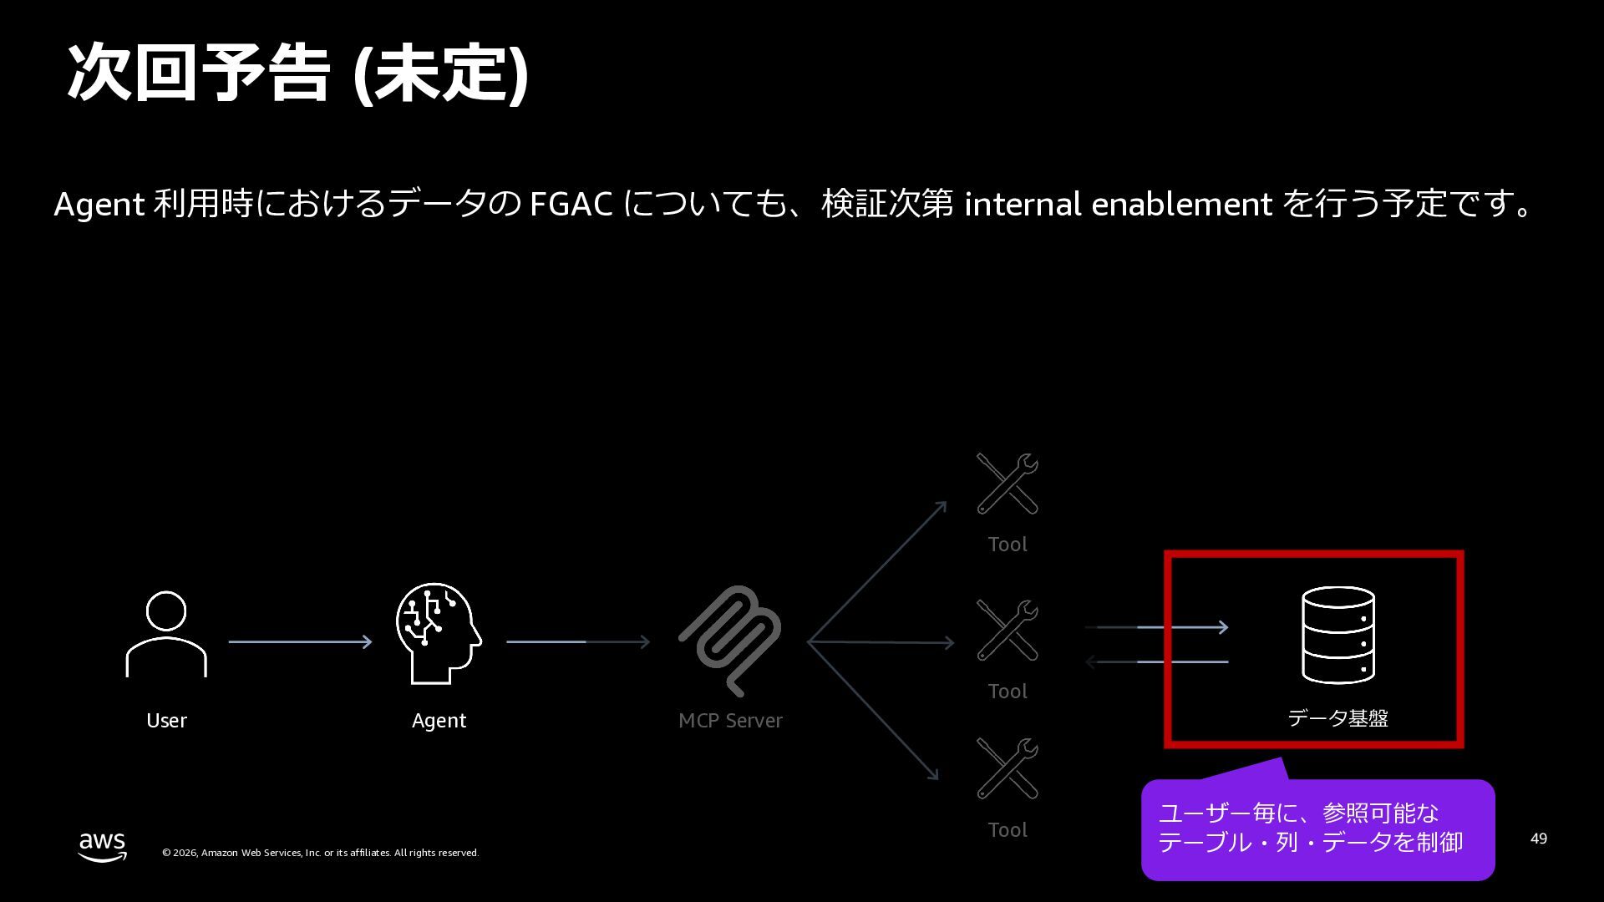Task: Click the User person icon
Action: tap(166, 634)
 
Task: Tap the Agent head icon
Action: tap(438, 633)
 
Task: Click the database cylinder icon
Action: tap(1338, 635)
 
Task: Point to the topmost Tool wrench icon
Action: tap(1008, 484)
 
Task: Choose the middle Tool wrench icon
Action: tap(1008, 631)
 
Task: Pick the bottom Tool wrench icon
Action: tap(1008, 769)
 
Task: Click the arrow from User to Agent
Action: tap(300, 641)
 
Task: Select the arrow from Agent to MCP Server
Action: tap(577, 641)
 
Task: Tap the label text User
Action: tap(166, 721)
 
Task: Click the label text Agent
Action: tap(439, 721)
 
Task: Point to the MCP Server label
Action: tap(730, 721)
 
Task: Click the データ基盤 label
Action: tap(1338, 718)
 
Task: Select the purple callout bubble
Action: tap(1317, 829)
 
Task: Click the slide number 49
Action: tap(1538, 839)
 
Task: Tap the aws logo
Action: tap(103, 845)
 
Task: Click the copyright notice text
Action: tap(320, 853)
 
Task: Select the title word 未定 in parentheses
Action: tap(440, 73)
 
